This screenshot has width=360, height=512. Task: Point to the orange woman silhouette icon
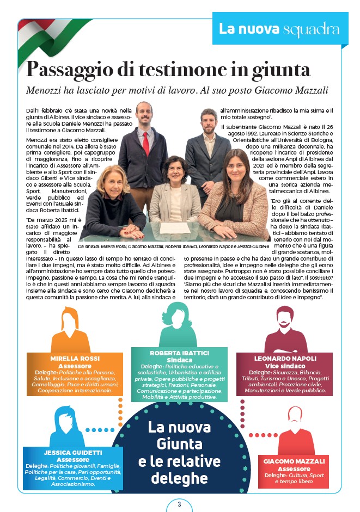click(71, 330)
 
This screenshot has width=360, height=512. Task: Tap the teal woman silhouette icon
click(178, 324)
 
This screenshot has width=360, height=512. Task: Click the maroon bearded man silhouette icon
click(285, 330)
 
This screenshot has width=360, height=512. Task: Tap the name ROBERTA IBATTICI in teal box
click(179, 353)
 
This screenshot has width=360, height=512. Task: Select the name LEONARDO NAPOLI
click(285, 359)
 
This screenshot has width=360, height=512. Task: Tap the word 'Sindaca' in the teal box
click(179, 360)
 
